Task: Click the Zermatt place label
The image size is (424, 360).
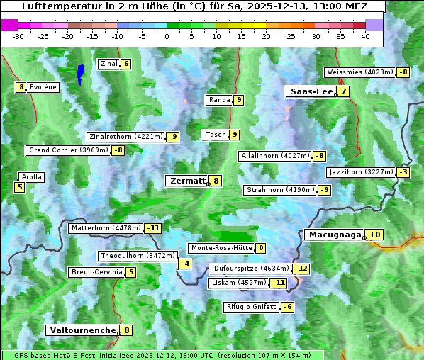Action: tap(186, 181)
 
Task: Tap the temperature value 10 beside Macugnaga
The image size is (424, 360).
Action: tap(375, 235)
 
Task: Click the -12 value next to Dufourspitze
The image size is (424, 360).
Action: tap(302, 269)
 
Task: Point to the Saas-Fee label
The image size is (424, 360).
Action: tap(310, 91)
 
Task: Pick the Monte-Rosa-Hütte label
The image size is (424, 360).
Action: tap(220, 248)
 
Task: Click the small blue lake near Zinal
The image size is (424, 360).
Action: tap(80, 73)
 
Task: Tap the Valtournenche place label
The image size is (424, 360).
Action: tap(82, 330)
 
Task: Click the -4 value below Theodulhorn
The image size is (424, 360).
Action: tap(184, 264)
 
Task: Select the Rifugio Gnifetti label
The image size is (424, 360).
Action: tap(252, 307)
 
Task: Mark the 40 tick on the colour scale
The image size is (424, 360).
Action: tap(365, 35)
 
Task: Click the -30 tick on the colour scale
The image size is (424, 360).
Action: tap(18, 35)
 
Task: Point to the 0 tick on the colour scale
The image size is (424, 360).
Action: tap(167, 35)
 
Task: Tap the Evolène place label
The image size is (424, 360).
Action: tap(43, 87)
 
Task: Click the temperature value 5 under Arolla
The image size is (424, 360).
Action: tap(19, 188)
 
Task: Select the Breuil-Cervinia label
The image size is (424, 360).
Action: tap(95, 272)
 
